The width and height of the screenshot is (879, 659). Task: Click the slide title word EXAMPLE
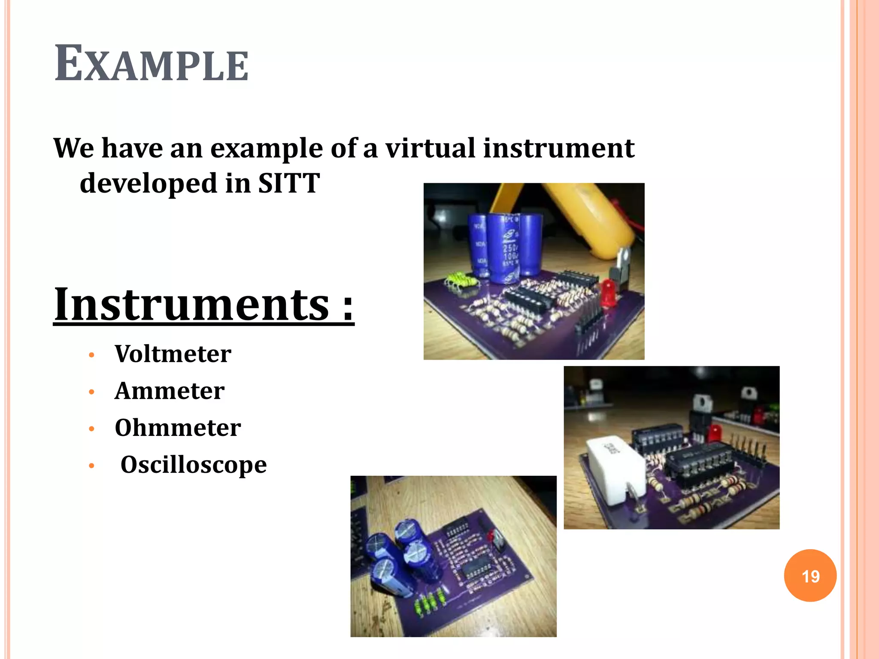click(151, 64)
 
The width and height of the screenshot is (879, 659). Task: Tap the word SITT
click(289, 183)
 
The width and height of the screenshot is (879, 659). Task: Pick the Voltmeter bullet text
click(173, 354)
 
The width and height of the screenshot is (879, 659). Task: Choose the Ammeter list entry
click(170, 391)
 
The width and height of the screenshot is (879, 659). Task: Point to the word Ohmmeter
click(178, 428)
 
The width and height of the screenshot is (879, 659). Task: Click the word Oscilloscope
click(194, 465)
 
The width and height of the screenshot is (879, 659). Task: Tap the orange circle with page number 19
click(810, 575)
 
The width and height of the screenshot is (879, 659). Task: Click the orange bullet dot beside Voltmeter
click(91, 355)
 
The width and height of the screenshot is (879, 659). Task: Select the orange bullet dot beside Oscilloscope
click(91, 466)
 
